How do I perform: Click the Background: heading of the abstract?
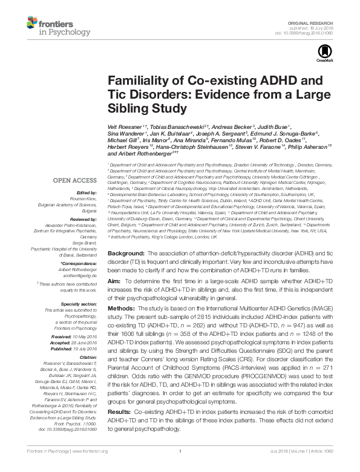pos(126,268)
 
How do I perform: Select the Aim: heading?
pos(114,299)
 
